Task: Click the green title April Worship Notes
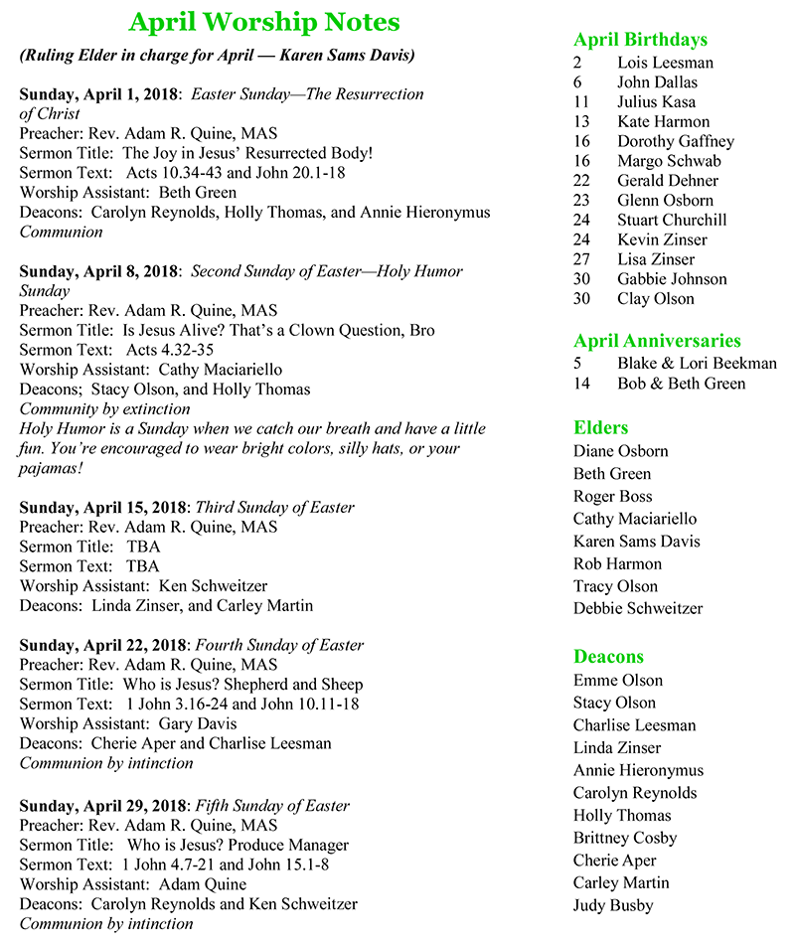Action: [264, 23]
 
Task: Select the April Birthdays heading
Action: [640, 40]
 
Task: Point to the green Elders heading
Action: [600, 428]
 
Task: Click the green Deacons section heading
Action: [608, 657]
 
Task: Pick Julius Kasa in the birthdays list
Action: [656, 101]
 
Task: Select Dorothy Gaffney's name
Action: [675, 141]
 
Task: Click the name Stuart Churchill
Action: [672, 220]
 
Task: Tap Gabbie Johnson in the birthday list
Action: [672, 278]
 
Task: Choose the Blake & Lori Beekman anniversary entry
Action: [697, 364]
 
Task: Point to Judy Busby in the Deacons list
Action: [613, 905]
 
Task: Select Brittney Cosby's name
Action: [624, 838]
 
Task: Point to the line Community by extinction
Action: [105, 408]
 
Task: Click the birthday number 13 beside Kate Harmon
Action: [581, 121]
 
